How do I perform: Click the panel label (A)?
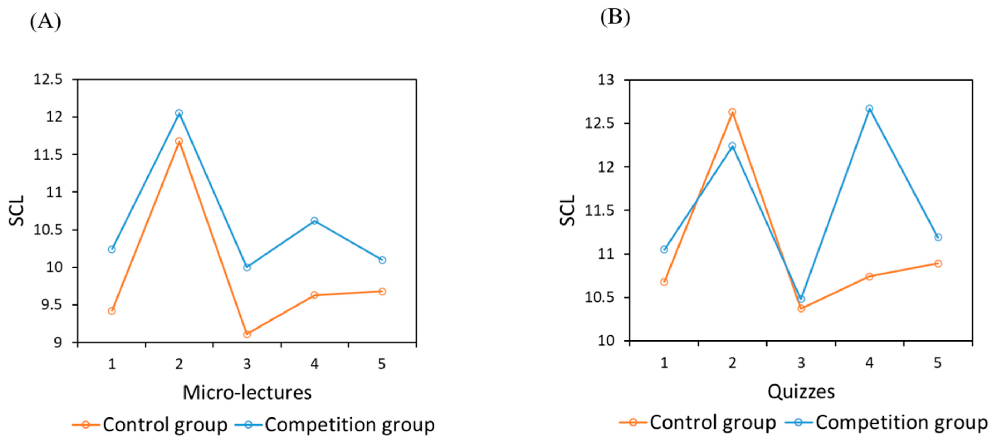pos(45,21)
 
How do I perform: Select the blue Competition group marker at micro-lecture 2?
pos(179,113)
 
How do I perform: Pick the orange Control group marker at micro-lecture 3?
pos(247,334)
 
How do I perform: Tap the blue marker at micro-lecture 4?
pos(314,220)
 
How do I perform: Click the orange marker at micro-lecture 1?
pos(112,311)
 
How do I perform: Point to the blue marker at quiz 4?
pos(869,109)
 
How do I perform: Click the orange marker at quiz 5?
pos(938,263)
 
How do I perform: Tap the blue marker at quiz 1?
pos(664,249)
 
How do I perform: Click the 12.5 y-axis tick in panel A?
pos(48,79)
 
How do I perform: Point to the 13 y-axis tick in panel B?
pos(606,80)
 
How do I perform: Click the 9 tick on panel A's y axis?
pos(57,342)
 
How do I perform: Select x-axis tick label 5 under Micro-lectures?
pos(382,364)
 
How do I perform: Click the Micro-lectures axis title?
pos(247,393)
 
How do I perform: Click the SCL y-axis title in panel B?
pos(567,210)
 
